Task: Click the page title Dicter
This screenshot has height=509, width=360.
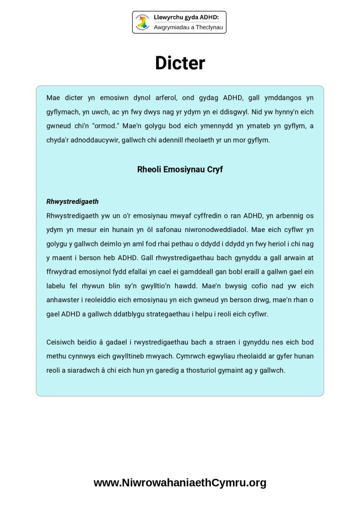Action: [x=180, y=63]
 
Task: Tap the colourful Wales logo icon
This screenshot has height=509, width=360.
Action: [x=142, y=22]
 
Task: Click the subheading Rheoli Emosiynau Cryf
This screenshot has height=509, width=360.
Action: [x=180, y=170]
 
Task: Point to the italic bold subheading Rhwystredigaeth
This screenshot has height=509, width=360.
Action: [x=73, y=202]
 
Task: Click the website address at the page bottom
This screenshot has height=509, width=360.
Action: [x=180, y=483]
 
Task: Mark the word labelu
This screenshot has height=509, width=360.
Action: [x=57, y=286]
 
